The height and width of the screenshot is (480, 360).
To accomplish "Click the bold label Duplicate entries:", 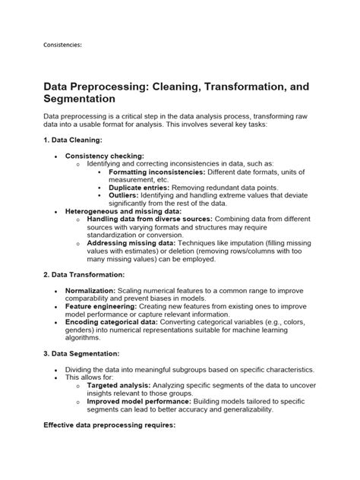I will tap(139, 187).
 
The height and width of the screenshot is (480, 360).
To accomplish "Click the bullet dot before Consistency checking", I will tap(56, 156).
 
